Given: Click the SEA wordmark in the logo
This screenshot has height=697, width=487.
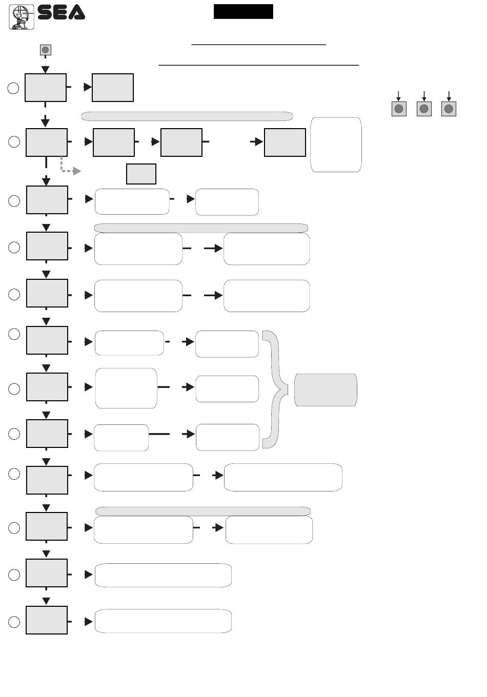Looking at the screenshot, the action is click(61, 12).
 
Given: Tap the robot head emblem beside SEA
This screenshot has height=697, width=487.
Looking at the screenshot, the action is click(22, 17).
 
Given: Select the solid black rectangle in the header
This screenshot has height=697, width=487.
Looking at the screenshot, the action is click(243, 11).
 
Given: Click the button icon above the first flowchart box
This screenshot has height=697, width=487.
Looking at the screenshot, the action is click(46, 50).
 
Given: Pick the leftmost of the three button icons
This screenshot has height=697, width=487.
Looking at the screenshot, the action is click(399, 109).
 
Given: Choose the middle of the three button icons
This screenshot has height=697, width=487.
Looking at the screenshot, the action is click(424, 109).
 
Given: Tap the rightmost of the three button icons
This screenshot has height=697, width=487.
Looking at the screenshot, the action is click(449, 109).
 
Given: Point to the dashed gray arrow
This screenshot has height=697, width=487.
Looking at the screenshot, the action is click(69, 166).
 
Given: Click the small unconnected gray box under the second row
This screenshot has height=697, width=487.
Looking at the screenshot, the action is click(141, 174).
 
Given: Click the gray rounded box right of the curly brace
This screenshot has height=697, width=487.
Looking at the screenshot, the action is click(326, 390).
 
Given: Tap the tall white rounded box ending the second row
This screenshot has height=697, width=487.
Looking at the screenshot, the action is click(336, 145).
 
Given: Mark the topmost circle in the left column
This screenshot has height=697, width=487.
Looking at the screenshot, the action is click(13, 88).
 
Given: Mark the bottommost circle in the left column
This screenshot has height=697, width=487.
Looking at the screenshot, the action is click(14, 622).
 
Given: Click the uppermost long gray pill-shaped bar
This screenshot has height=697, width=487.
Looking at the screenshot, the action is click(187, 116).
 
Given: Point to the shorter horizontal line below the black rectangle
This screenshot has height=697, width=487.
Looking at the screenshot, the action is click(259, 45).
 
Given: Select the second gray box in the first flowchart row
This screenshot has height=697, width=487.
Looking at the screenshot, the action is click(113, 88).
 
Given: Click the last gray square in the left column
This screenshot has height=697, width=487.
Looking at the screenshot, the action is click(47, 620).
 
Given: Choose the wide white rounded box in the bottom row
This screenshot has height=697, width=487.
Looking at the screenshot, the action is click(163, 621).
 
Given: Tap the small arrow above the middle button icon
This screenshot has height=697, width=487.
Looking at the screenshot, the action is click(424, 96).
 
